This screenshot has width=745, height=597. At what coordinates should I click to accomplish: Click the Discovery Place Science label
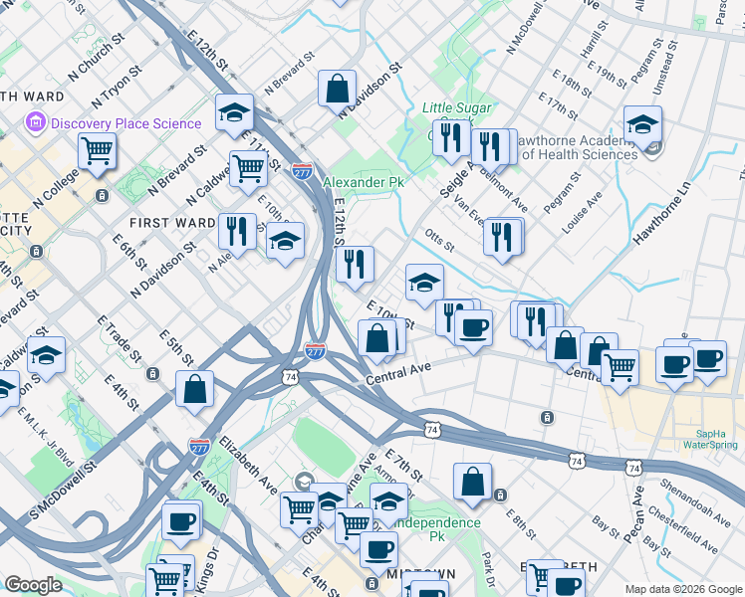click(x=125, y=124)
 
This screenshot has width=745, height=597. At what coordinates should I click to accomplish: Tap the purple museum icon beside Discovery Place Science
click(x=36, y=124)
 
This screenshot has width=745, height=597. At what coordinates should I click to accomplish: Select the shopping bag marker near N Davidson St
click(x=338, y=89)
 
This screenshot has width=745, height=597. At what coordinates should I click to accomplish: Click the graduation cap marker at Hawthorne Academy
click(x=643, y=125)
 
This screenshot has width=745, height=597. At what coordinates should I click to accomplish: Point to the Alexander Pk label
click(x=363, y=183)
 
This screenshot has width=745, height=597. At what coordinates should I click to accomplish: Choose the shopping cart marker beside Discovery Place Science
click(x=98, y=151)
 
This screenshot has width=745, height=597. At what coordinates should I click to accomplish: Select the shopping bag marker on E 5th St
click(x=195, y=388)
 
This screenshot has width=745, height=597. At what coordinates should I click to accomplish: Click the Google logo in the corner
click(x=33, y=585)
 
